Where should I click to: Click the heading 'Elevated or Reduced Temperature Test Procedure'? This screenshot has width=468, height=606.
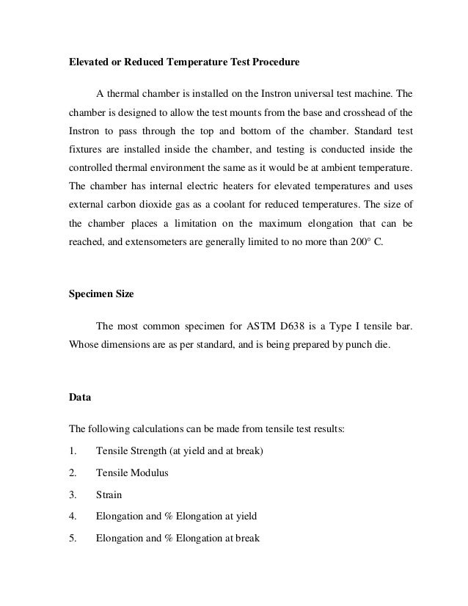point(184,62)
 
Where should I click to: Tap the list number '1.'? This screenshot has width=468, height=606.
point(72,451)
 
